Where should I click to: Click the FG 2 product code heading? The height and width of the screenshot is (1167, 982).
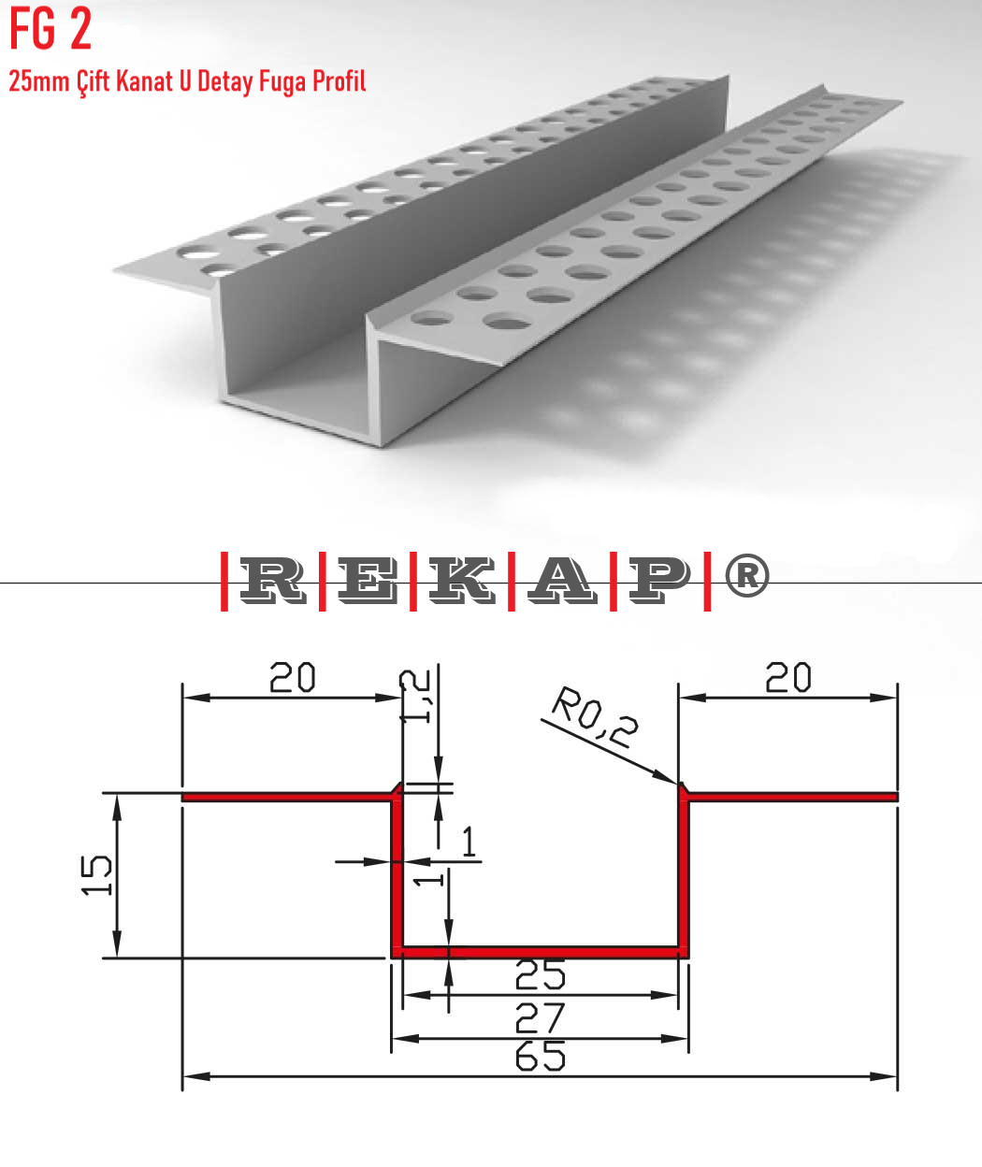(51, 29)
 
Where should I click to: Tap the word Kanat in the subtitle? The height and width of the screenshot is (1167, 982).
(144, 82)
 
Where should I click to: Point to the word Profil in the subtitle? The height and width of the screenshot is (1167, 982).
(339, 81)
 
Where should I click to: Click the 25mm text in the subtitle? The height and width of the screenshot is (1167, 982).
(39, 82)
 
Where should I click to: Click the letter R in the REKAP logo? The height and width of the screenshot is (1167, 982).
(271, 580)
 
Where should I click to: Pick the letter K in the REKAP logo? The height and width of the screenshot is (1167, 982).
(463, 580)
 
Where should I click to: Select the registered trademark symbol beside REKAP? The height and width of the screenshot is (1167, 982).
(746, 575)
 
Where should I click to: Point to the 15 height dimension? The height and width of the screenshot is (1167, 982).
(97, 875)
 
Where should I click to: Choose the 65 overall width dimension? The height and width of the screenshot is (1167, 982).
(541, 1058)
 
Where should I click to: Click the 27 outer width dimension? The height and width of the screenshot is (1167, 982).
(541, 1017)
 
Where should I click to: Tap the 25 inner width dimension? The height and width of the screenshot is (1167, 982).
(541, 975)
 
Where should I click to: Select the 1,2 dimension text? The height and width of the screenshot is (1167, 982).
(416, 697)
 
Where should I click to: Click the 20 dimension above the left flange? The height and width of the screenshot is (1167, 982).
(293, 678)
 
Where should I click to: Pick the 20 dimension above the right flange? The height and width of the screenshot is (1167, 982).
(788, 678)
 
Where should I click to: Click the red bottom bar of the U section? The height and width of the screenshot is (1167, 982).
(541, 952)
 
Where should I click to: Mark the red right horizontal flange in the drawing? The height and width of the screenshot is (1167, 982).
(793, 798)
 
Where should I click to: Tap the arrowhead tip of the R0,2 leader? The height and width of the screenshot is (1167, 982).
(675, 782)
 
